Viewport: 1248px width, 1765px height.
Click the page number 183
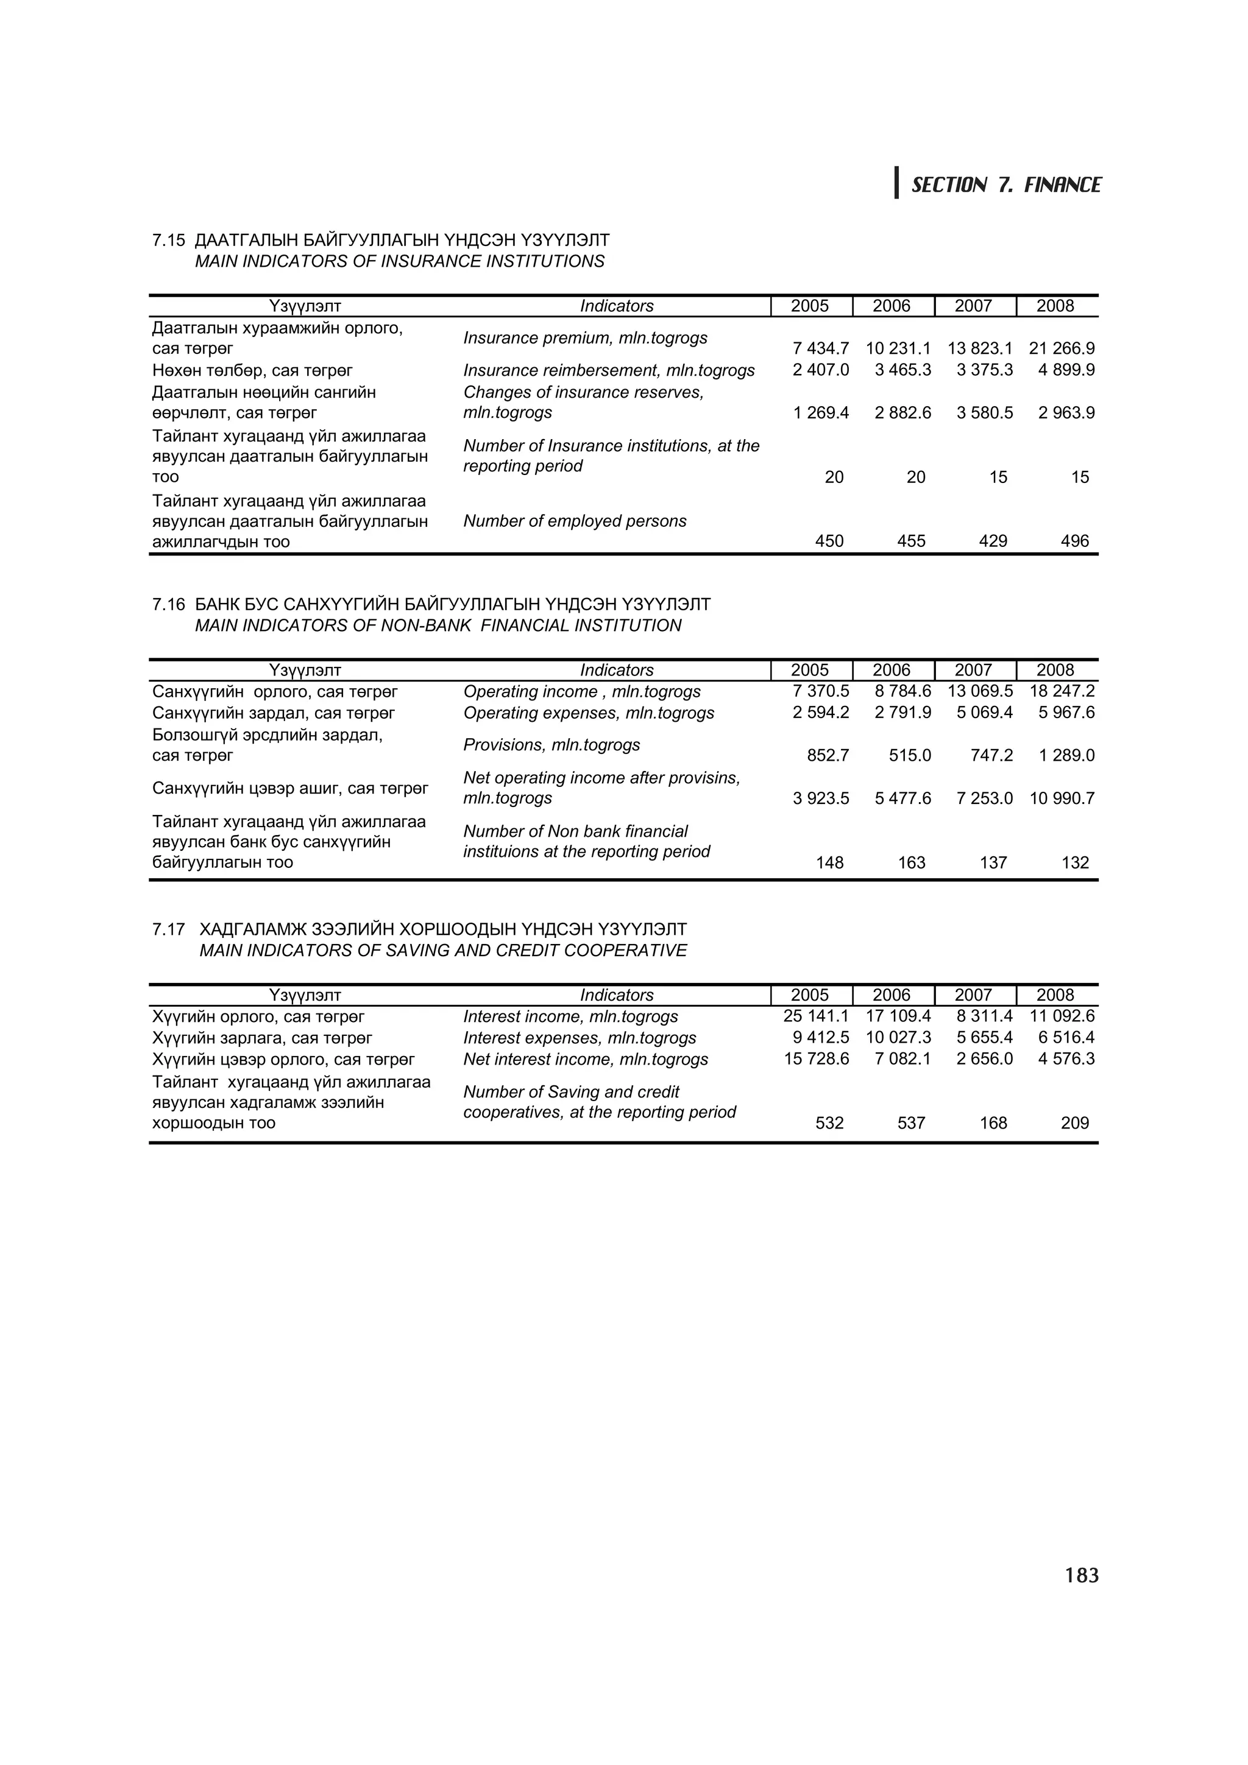coord(1082,1576)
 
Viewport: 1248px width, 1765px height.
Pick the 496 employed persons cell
coord(1074,541)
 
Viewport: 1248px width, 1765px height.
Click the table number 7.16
coord(168,604)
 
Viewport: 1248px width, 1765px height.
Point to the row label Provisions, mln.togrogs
coord(551,745)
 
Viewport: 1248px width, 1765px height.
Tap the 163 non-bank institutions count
coord(911,862)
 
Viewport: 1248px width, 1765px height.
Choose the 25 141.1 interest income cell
coord(816,1016)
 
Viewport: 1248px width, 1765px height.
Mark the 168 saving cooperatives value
coord(993,1123)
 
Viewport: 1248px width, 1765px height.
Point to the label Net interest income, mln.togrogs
coord(585,1059)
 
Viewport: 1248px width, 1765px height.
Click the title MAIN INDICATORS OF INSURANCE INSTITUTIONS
coord(399,261)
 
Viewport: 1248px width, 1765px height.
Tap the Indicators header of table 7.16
coord(616,671)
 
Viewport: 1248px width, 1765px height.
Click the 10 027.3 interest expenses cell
coord(898,1038)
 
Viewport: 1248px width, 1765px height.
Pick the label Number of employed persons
coord(575,521)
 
